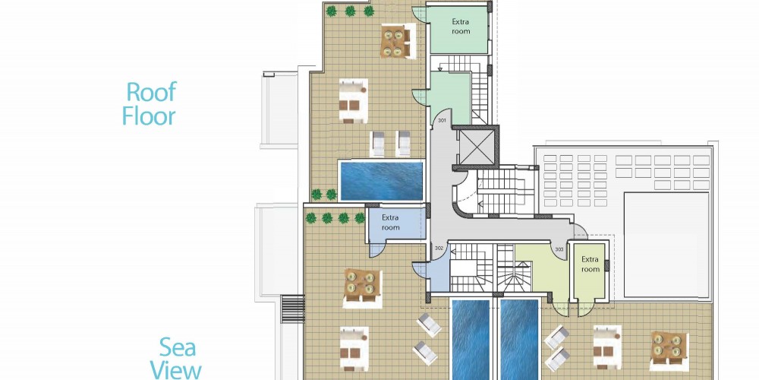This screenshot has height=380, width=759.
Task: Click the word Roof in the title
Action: (x=152, y=92)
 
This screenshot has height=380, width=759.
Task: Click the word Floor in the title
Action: (x=149, y=116)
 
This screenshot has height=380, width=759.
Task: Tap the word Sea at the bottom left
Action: (x=178, y=347)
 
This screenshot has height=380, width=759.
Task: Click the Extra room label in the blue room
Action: (x=390, y=223)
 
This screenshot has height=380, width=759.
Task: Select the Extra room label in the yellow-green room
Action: (x=590, y=264)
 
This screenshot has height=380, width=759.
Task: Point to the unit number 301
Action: (x=442, y=120)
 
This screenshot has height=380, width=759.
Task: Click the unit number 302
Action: (x=439, y=249)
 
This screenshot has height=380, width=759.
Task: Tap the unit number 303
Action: (x=559, y=249)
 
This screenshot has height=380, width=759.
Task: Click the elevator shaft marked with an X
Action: (x=475, y=147)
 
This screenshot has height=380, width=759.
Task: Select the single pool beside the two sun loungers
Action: (x=382, y=181)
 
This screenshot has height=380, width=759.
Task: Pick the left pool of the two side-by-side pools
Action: (x=471, y=339)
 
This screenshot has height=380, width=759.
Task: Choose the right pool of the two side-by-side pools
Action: (x=519, y=339)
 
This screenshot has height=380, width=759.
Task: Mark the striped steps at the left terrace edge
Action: (x=293, y=309)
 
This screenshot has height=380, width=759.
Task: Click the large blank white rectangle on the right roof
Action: (x=666, y=245)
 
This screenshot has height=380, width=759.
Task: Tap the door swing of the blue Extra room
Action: (x=377, y=249)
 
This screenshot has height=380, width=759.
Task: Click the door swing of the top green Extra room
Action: (x=419, y=14)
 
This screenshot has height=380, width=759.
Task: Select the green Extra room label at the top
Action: (x=461, y=26)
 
